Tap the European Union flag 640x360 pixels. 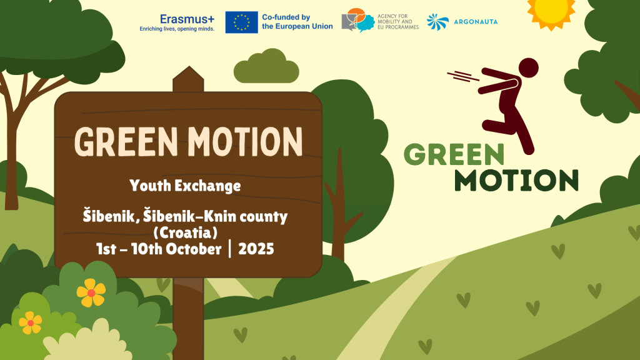tap(242, 22)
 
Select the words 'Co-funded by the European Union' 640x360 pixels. tap(297, 22)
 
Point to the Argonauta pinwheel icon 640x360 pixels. tap(437, 22)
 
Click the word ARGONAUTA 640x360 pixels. tap(476, 22)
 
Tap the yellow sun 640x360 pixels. tap(551, 12)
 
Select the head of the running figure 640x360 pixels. tap(528, 67)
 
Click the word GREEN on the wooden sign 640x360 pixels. tap(126, 142)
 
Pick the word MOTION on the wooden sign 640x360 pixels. tap(245, 142)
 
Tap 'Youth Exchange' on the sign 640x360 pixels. tap(185, 186)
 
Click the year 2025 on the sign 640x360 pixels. tap(256, 249)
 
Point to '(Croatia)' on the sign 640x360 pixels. tap(185, 232)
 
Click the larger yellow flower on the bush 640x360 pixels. tap(91, 292)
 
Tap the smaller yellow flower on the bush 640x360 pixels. tap(31, 323)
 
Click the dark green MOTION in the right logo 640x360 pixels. tap(516, 180)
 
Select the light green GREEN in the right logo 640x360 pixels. tap(454, 154)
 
